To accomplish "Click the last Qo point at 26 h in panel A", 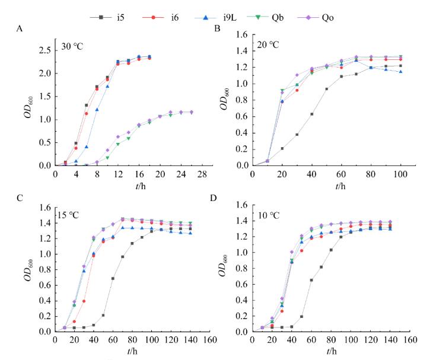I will click(191, 112).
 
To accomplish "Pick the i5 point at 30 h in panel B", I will click(297, 135).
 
